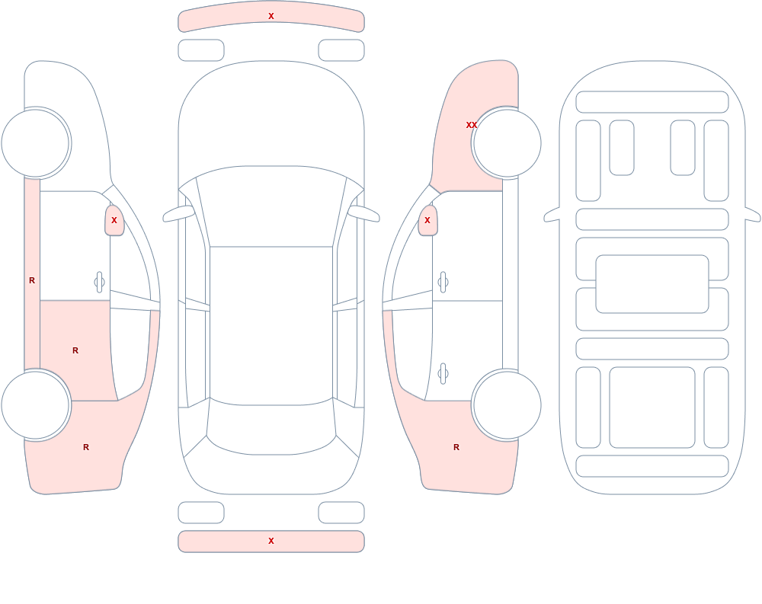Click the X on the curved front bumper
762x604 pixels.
[271, 16]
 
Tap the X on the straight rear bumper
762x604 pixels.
[271, 541]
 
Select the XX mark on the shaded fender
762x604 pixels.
[472, 125]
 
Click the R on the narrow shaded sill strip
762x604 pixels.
[32, 280]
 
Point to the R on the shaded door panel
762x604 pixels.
[75, 350]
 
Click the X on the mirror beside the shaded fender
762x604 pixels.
[427, 220]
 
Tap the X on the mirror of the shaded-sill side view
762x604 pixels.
[114, 220]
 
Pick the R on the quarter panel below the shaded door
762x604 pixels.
[86, 447]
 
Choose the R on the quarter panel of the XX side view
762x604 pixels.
[456, 447]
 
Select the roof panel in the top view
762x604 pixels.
[271, 324]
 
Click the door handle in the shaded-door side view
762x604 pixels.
[99, 283]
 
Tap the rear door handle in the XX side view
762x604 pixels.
[443, 374]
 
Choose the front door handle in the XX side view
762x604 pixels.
[443, 283]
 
